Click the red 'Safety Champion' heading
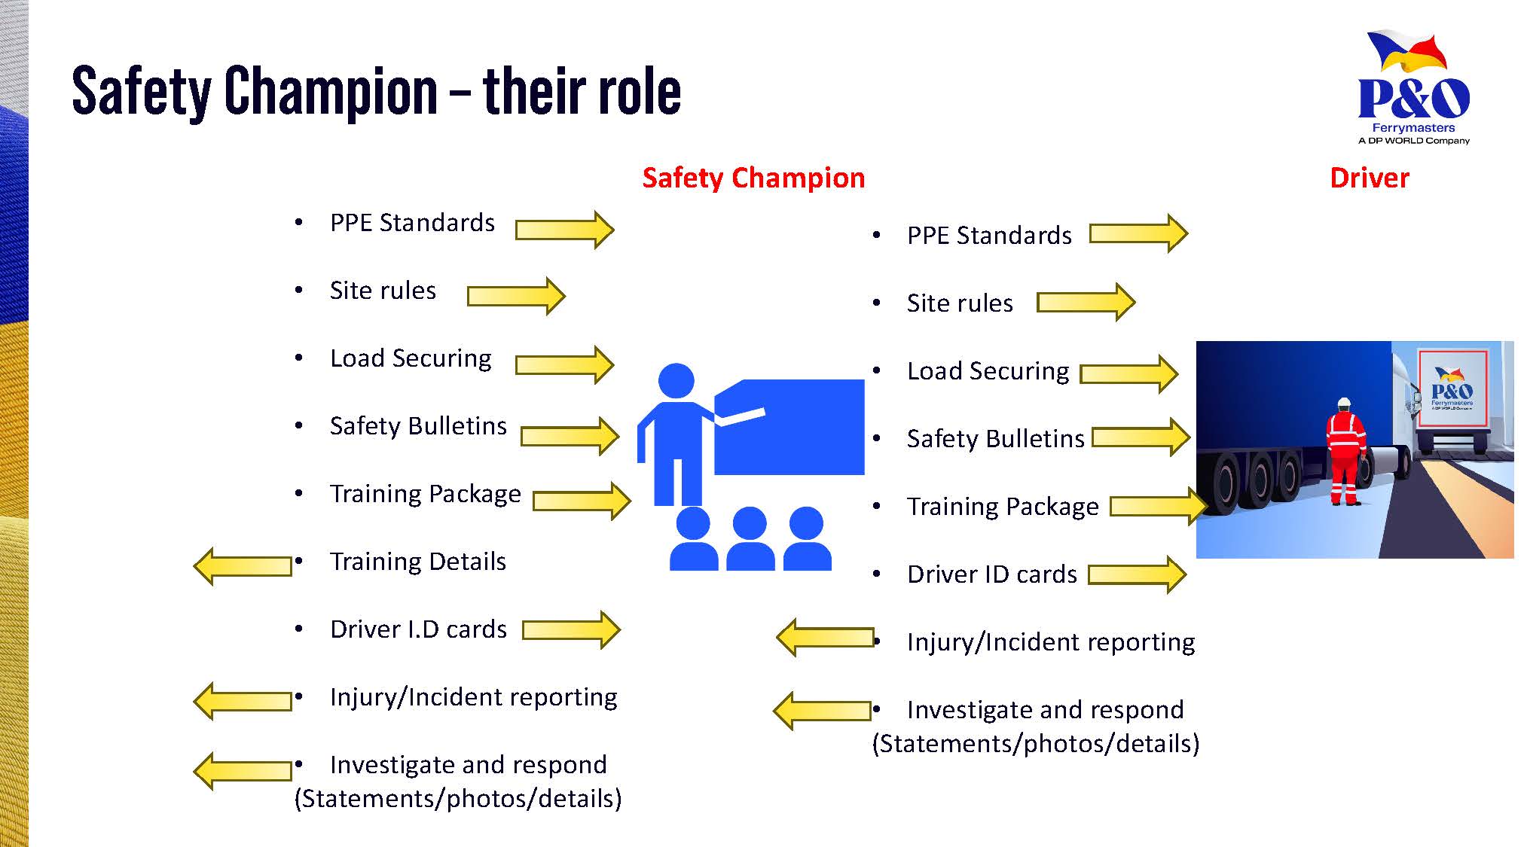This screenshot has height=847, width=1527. pos(753,178)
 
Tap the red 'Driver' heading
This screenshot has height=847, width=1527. pos(1369,178)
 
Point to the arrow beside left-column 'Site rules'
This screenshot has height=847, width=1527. pos(516,296)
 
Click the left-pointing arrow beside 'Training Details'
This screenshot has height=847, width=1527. pos(243,565)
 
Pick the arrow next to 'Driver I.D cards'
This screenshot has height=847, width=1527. pos(571,629)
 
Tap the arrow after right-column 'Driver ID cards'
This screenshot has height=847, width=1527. pos(1138,574)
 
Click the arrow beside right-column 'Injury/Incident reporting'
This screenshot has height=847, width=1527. pos(825,638)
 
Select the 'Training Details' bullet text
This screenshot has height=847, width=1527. pos(418,562)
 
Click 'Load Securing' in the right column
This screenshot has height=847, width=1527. pos(988,371)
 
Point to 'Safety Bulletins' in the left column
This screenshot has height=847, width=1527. pos(418,426)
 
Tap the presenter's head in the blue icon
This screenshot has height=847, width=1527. pos(676,381)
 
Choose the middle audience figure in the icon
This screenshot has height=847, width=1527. pos(750,538)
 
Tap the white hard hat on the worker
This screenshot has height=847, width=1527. pos(1345,403)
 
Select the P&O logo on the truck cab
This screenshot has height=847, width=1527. pos(1452,389)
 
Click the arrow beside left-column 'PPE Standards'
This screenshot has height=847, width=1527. pos(564,230)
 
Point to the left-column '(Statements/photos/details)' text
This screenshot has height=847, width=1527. pos(458,799)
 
